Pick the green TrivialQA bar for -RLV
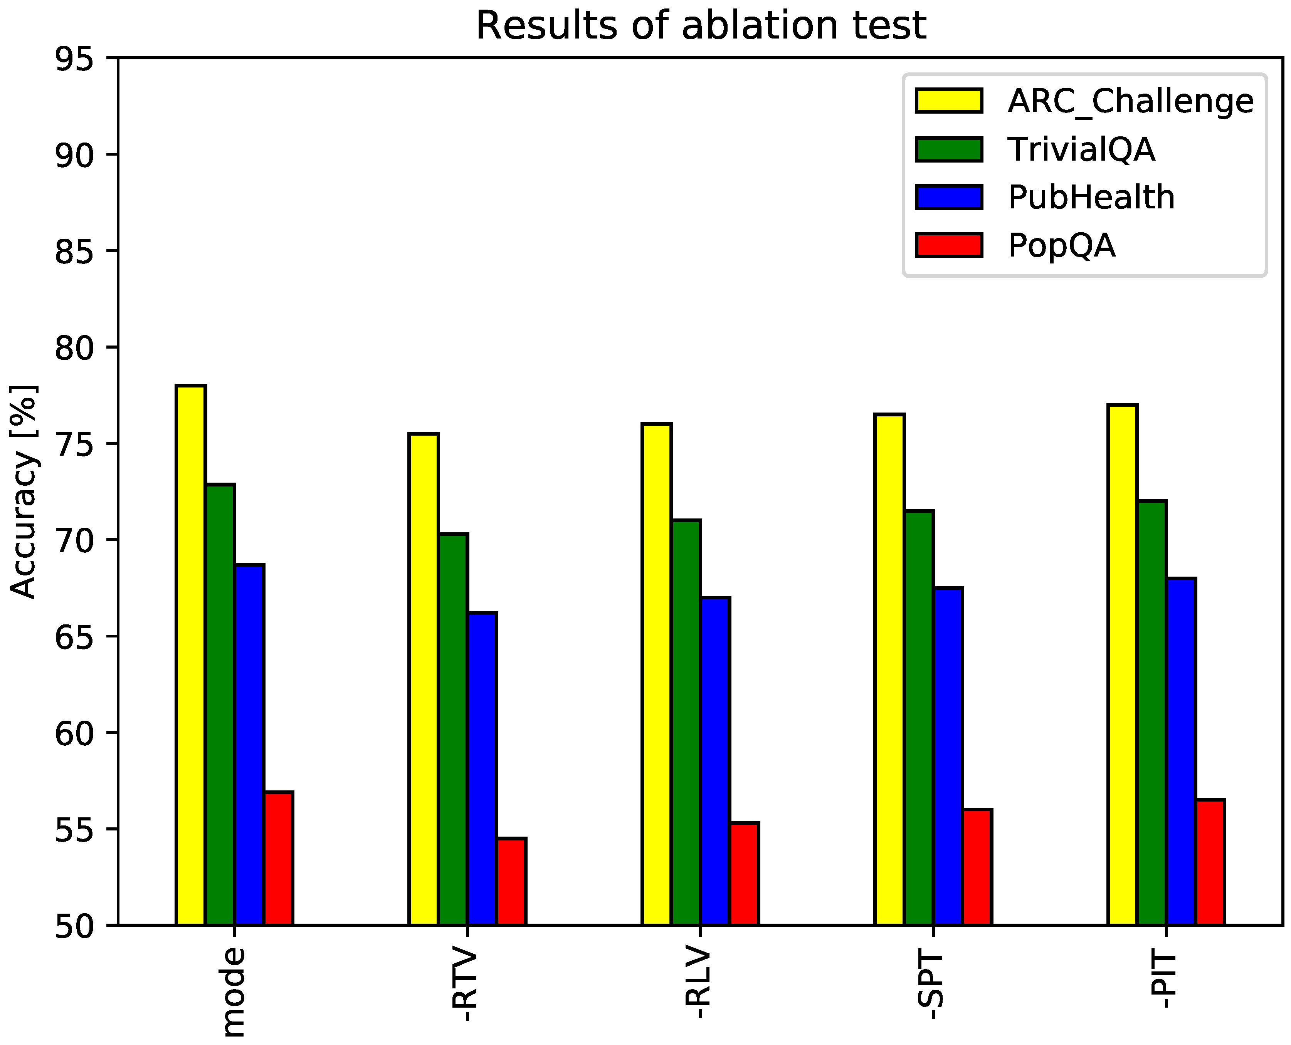686,722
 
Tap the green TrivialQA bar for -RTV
454,728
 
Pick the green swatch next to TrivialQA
949,149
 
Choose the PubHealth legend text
1091,198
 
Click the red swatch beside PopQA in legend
949,245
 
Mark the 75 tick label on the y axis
75,444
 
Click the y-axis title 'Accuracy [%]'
24,492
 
